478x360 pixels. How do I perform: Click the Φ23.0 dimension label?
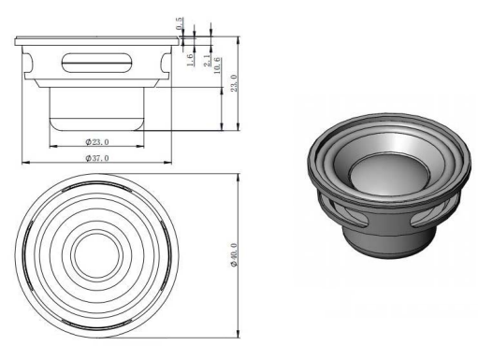pos(97,142)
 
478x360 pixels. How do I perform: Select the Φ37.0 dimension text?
pos(97,158)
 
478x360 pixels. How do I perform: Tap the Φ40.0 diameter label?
pos(234,255)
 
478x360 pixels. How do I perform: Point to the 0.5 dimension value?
pos(180,23)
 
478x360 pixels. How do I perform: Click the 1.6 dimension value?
pos(190,60)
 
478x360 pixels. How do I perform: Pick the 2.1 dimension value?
pos(207,60)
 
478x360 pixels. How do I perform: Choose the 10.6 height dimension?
pos(217,65)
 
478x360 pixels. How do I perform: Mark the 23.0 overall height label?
pos(234,83)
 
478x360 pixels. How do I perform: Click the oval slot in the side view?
pos(96,64)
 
